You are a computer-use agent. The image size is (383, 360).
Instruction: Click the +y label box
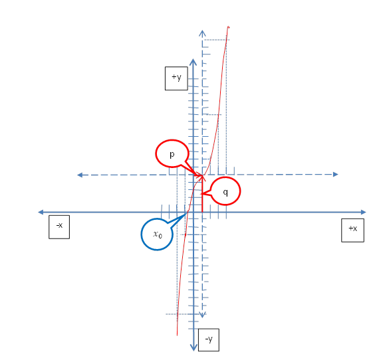pos(176,78)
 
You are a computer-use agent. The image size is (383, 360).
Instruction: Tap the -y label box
pos(209,340)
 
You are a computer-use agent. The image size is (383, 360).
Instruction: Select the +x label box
pos(352,230)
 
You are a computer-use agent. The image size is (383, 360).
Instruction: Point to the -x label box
pos(59,227)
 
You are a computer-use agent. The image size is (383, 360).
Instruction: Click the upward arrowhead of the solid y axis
pos(193,62)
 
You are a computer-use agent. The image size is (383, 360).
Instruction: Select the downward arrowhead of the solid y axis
pos(193,347)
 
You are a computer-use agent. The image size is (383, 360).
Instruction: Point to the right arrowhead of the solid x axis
pos(364,213)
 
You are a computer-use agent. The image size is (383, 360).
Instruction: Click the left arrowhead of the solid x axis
pos(41,212)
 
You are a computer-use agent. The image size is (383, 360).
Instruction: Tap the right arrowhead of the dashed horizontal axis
pos(336,174)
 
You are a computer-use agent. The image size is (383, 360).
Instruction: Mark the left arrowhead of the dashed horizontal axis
pos(80,175)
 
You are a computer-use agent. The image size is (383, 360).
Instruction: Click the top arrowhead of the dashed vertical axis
pos(202,33)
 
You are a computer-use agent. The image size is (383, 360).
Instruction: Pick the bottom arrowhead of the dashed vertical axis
pos(202,315)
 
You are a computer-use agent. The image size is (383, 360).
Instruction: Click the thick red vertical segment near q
pos(202,193)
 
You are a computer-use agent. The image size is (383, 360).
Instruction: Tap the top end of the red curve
pos(228,27)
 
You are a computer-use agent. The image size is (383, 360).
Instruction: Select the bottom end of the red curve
pos(177,335)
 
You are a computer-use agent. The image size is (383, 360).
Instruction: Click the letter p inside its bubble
pos(172,155)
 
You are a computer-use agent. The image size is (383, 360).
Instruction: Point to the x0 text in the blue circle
pos(158,234)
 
